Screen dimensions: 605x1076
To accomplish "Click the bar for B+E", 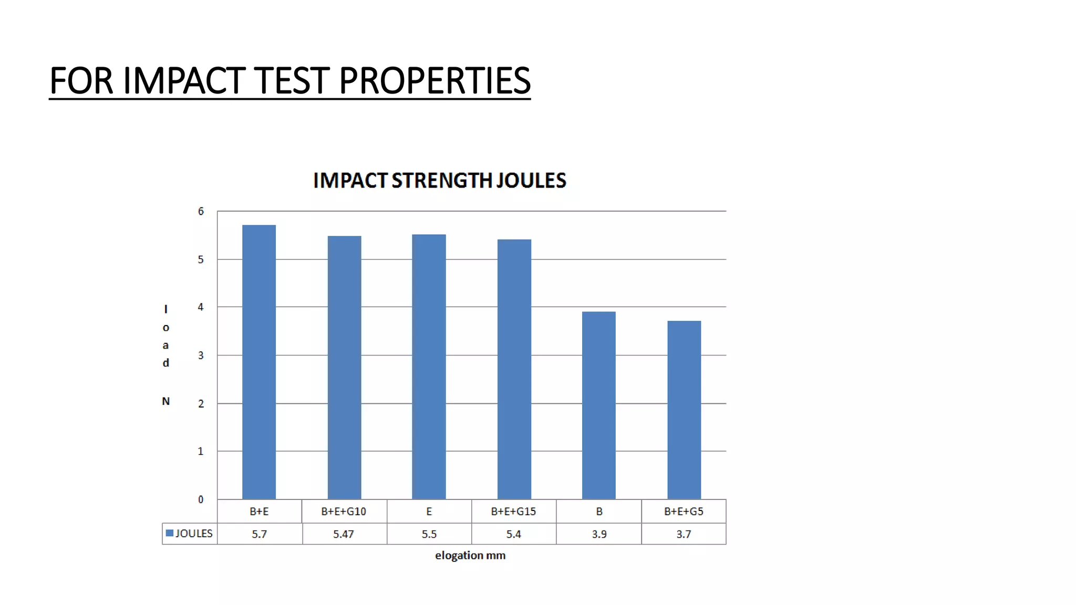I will pos(258,362).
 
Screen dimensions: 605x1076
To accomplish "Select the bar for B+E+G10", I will pos(344,368).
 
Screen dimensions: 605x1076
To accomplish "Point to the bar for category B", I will pos(598,405).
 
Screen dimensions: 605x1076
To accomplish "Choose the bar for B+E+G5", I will pos(684,410).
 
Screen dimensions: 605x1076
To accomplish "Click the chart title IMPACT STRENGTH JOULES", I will pos(439,181).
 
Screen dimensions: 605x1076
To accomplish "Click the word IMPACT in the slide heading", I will pos(185,81).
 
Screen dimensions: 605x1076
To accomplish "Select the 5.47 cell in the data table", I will pos(344,534).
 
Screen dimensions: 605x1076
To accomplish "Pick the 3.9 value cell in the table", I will pos(599,534).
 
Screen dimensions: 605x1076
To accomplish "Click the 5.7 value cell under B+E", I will pos(259,534).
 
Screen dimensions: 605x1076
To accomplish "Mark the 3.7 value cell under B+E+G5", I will pos(684,534).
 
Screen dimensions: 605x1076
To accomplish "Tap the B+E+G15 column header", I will pos(513,512).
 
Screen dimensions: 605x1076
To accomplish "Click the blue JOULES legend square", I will pos(170,533).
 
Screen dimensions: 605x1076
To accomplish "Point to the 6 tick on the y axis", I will pos(201,212).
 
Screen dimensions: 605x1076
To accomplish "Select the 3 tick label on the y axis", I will pos(201,356).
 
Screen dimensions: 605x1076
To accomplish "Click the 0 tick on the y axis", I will pos(201,499).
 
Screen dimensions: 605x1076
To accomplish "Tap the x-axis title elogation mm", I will pos(470,556).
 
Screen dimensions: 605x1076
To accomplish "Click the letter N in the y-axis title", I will pos(166,401).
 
